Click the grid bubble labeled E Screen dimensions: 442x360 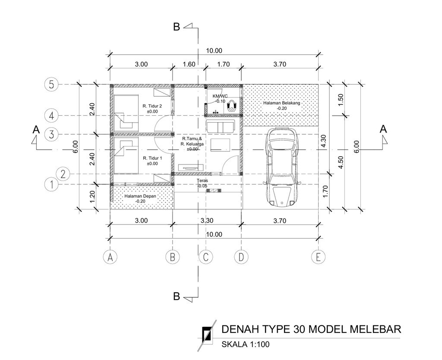(318, 257)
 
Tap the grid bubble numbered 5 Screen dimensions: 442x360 (51, 84)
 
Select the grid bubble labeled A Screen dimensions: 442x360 (110, 257)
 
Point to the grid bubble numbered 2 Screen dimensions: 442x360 (63, 174)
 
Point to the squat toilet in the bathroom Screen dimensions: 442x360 (232, 106)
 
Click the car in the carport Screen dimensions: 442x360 (282, 167)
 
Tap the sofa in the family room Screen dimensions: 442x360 (221, 126)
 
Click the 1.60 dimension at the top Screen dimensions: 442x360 (189, 64)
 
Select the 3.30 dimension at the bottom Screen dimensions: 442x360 (207, 221)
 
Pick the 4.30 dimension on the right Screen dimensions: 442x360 (323, 141)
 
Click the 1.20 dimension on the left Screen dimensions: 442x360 (92, 197)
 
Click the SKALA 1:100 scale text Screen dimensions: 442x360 (245, 344)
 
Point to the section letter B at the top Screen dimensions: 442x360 (177, 27)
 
